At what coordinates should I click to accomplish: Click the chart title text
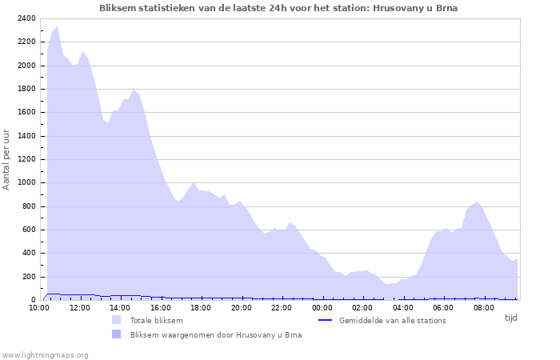278,8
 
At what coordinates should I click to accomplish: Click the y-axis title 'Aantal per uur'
7,160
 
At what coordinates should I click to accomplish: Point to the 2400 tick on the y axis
26,18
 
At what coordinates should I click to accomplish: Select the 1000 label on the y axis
26,183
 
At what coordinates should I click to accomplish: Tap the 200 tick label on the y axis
28,277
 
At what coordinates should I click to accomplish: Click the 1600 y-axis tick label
26,113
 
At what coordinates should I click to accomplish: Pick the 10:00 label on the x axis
39,307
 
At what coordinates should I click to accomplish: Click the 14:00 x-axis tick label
120,307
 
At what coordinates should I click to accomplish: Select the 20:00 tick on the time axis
242,307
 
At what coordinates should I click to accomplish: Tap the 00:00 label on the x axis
322,307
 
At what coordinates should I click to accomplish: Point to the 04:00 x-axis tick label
403,307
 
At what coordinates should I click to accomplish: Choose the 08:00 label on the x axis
484,307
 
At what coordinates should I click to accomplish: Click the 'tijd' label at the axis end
510,318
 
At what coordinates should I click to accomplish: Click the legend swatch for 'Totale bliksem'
117,321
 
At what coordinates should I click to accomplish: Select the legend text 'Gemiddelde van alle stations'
392,321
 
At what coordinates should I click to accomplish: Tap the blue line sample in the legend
325,321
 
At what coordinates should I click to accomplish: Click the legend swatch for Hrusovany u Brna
117,335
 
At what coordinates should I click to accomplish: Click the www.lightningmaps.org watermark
45,354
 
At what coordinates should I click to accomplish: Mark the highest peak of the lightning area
57,26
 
